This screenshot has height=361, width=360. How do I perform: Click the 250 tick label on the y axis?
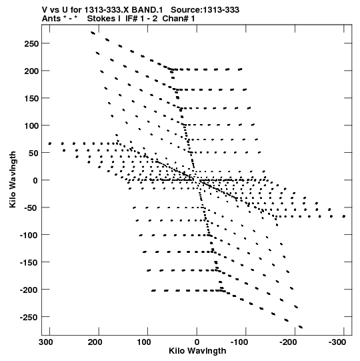[x=31, y=43]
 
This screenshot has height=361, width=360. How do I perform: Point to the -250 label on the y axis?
[x=29, y=317]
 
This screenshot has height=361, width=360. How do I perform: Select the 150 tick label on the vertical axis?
[x=31, y=98]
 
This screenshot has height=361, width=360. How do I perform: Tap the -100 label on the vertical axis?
[x=29, y=236]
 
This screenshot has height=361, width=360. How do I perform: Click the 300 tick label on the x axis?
[x=46, y=342]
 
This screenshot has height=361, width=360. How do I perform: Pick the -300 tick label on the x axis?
[x=337, y=342]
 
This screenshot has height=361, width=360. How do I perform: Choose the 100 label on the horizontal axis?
[x=144, y=342]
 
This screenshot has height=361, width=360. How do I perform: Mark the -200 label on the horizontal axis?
[x=288, y=342]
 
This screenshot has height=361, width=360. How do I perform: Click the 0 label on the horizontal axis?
[x=197, y=342]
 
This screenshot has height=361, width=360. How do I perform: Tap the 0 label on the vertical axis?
[x=35, y=180]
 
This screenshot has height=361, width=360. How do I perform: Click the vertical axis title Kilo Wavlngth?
[x=13, y=179]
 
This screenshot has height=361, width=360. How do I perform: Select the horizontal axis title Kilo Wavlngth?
[x=197, y=351]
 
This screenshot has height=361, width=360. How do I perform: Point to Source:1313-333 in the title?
[x=205, y=10]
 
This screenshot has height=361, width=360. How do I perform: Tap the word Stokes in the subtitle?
[x=103, y=19]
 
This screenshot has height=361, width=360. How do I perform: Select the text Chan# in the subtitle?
[x=175, y=19]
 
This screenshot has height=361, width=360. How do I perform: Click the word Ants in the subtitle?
[x=51, y=19]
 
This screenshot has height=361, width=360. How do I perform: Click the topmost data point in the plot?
[x=93, y=33]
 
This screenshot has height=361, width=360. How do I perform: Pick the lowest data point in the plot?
[x=301, y=327]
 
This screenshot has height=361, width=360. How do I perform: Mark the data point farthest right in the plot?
[x=344, y=216]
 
